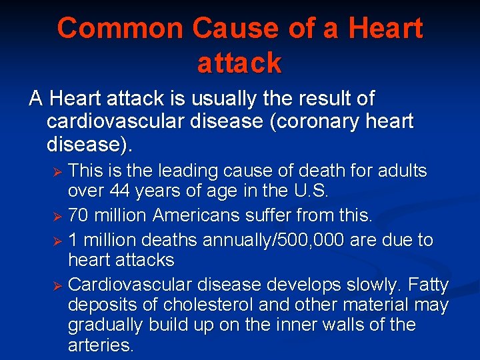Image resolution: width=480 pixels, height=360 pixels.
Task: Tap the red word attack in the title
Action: click(x=239, y=63)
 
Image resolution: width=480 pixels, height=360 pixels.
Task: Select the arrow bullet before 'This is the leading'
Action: click(x=57, y=173)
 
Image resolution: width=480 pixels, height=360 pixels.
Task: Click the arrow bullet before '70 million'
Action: click(x=57, y=217)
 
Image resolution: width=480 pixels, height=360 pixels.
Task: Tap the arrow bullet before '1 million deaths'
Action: click(x=57, y=241)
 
